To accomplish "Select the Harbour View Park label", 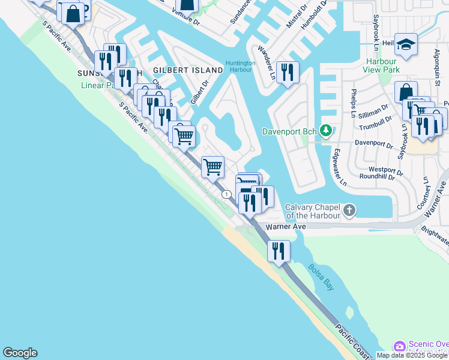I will click(381, 65).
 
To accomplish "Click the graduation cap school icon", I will click(406, 44).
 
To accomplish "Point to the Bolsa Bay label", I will click(321, 277).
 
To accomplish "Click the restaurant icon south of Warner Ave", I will click(279, 251).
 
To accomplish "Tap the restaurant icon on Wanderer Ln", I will click(288, 72).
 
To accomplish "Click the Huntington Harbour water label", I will click(241, 66).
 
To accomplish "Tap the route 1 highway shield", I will click(226, 194).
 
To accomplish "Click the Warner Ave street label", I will click(286, 227).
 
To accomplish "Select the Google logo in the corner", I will click(20, 353).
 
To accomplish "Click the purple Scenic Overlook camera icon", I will click(399, 347).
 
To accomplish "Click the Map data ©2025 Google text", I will click(412, 355).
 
